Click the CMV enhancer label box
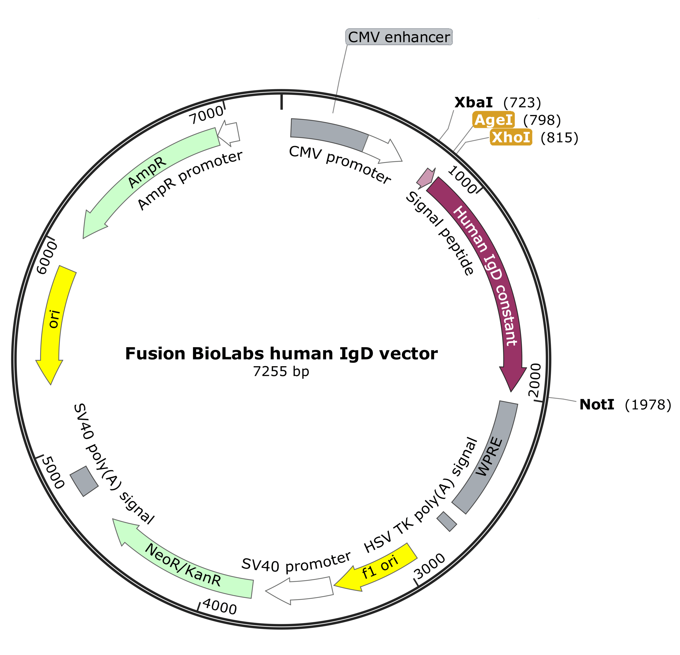(x=399, y=37)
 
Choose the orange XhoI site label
(x=511, y=137)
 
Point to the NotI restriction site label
(x=597, y=405)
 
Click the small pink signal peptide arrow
(x=426, y=178)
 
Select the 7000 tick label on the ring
(x=206, y=115)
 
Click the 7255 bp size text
(x=281, y=371)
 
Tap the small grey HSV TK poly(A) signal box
(x=447, y=521)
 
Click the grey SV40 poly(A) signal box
(x=84, y=481)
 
